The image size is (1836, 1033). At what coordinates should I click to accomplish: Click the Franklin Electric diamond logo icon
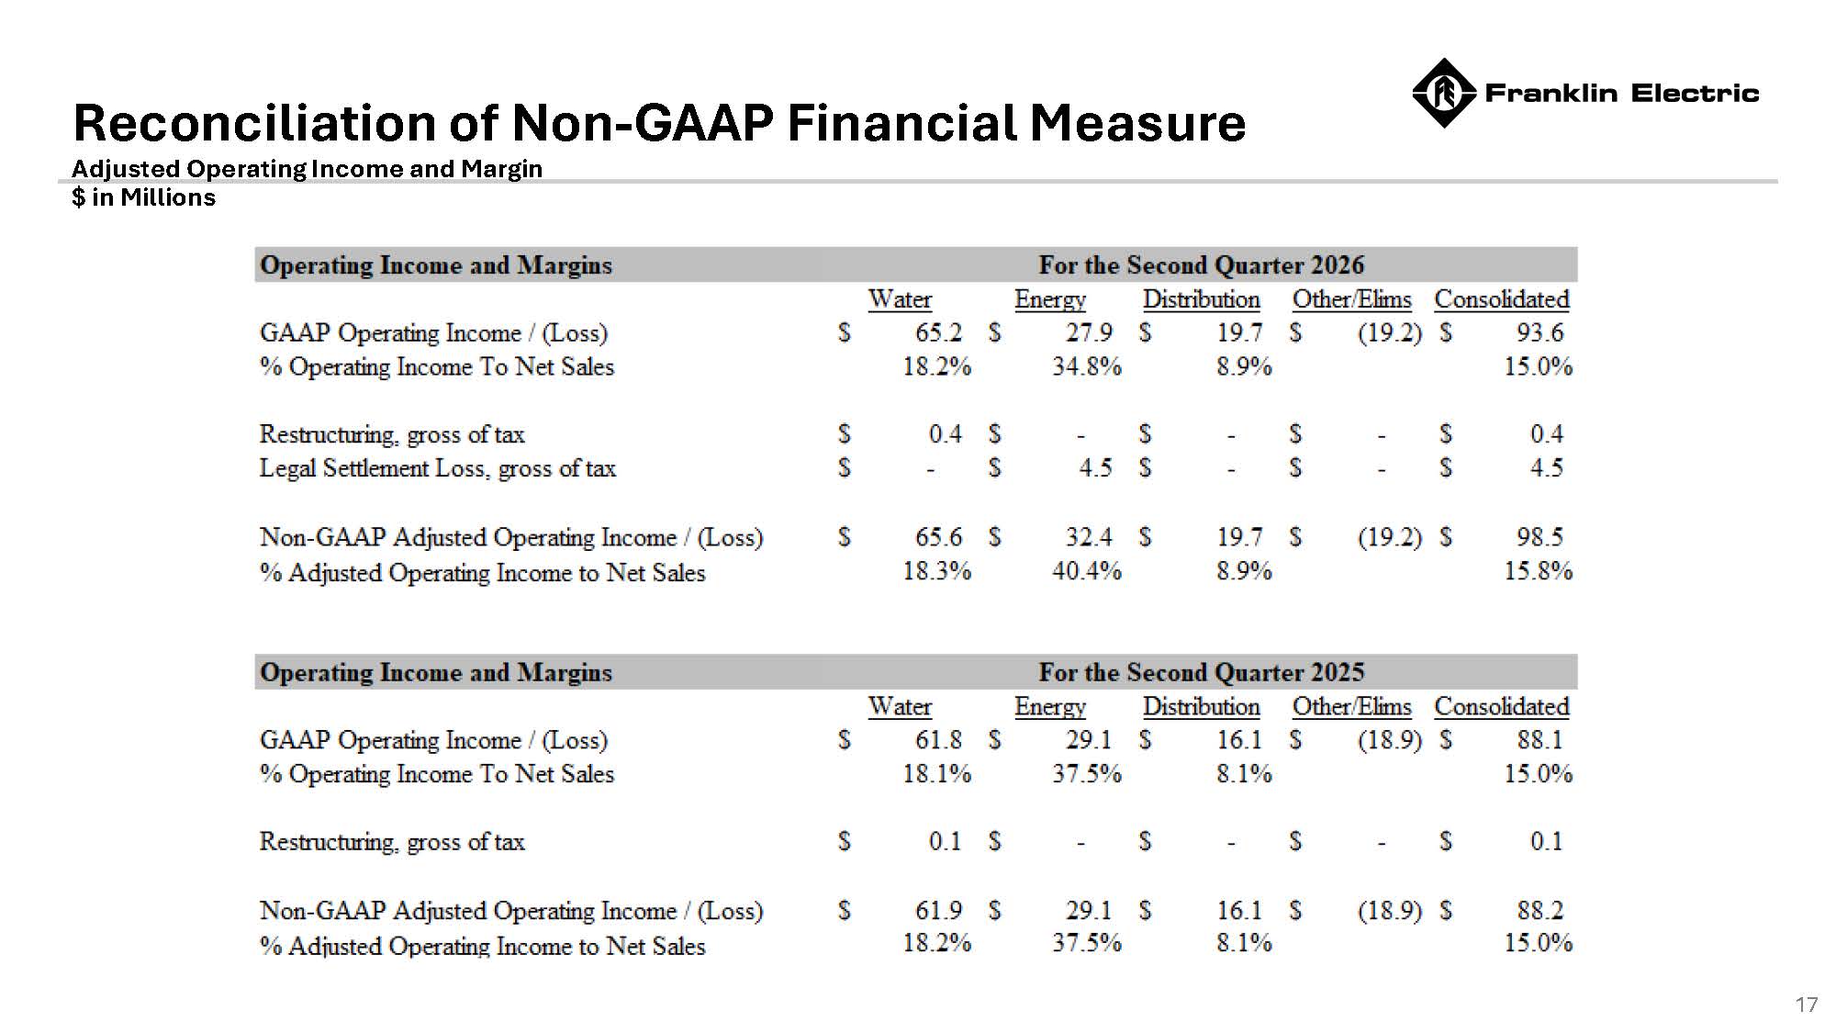point(1443,93)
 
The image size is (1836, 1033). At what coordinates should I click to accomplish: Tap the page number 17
point(1807,1005)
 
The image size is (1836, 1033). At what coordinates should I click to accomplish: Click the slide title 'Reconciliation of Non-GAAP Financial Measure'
point(659,122)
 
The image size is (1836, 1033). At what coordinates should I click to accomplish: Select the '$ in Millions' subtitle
point(144,197)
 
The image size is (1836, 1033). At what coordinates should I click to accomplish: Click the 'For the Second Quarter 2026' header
point(1201,265)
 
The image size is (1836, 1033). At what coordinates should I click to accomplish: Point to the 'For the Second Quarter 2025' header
point(1201,672)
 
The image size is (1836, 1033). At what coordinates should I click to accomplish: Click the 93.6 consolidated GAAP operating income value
point(1539,332)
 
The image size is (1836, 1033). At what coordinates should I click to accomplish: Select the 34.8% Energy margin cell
point(1087,366)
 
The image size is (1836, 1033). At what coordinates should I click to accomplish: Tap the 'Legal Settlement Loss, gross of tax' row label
point(437,468)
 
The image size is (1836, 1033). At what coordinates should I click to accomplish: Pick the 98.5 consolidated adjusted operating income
point(1539,536)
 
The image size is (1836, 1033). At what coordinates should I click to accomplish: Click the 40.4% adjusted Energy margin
point(1087,571)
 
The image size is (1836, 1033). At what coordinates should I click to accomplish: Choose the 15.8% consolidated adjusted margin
point(1538,571)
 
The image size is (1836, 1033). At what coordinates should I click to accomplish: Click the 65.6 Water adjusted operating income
point(938,536)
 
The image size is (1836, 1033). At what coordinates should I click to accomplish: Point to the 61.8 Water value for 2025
point(938,739)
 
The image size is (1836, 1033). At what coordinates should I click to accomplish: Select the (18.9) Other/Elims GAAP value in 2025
point(1390,739)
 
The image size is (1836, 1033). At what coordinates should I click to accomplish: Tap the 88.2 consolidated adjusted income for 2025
point(1539,910)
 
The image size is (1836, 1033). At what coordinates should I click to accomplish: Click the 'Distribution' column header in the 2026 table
point(1201,299)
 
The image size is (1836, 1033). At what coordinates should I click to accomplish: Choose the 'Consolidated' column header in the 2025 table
point(1502,706)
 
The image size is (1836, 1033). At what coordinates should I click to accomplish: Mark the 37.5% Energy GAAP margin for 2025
point(1087,773)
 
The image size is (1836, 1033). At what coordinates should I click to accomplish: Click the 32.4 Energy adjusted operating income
point(1089,536)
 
